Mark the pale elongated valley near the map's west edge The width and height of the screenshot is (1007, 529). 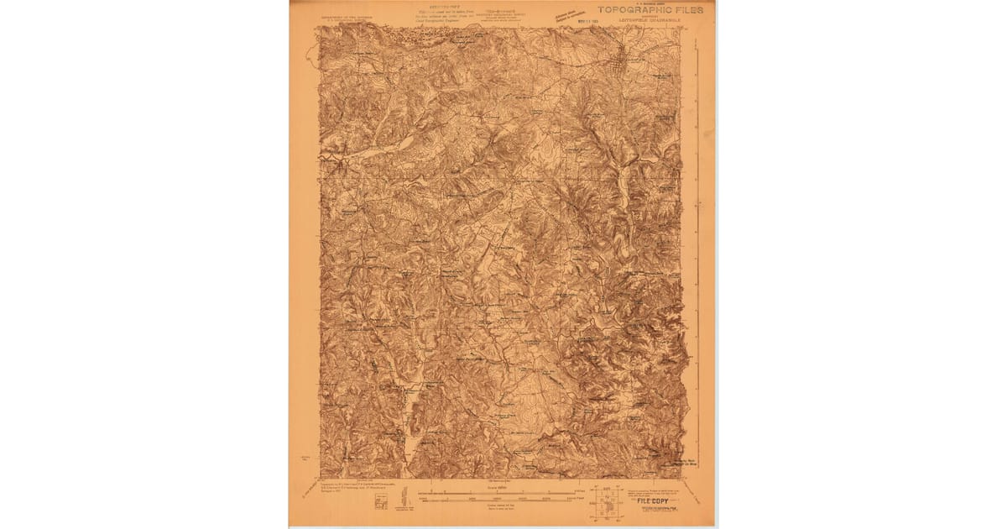(378, 150)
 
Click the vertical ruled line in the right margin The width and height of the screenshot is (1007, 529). (697, 252)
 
